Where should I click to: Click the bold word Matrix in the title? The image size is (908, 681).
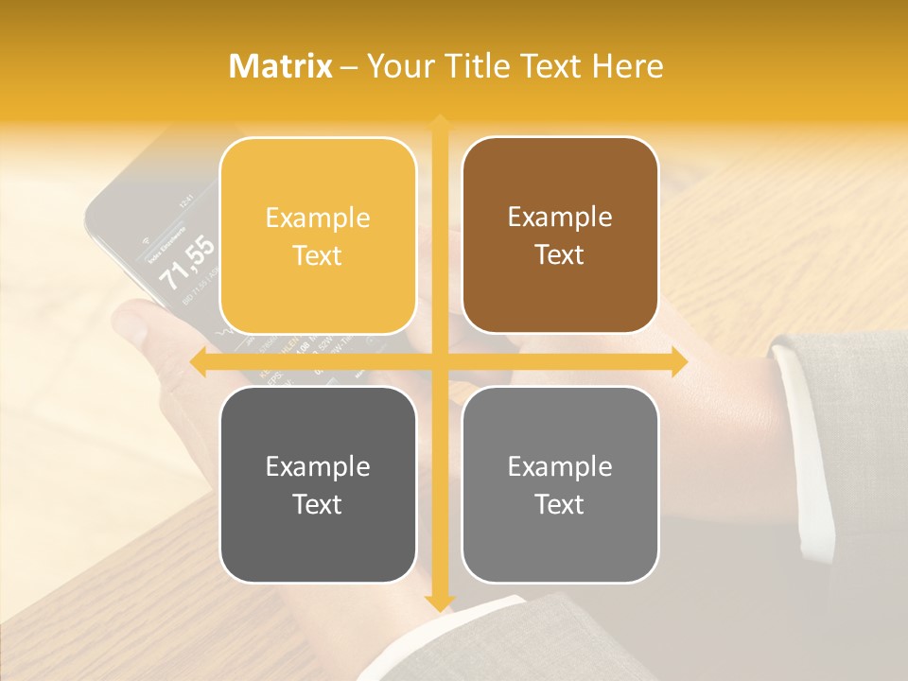click(281, 66)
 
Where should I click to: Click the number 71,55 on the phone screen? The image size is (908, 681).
click(187, 263)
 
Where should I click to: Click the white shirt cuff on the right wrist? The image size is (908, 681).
click(804, 445)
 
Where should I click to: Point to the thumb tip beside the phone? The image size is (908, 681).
click(131, 326)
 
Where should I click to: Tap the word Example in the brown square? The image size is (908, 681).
click(560, 218)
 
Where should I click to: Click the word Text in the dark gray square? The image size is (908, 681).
click(318, 504)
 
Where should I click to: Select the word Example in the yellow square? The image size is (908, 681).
click(318, 218)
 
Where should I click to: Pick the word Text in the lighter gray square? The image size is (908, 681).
click(560, 504)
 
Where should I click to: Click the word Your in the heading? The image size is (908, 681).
click(396, 66)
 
